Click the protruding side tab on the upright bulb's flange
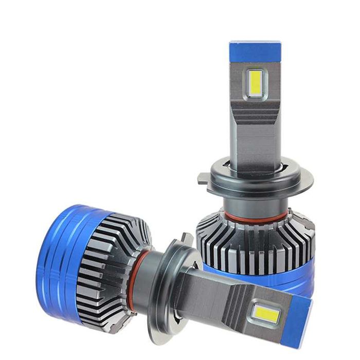point(204,178)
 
